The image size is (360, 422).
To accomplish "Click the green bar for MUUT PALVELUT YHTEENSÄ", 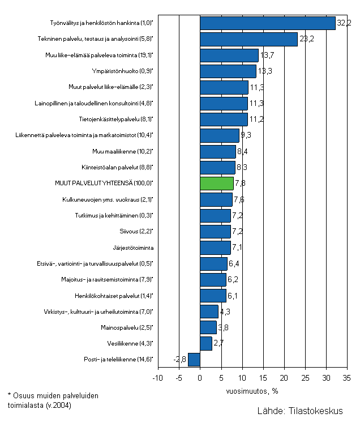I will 217,184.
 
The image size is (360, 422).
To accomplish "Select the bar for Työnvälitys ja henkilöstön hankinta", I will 267,23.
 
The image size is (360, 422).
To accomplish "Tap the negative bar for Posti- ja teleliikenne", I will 194,359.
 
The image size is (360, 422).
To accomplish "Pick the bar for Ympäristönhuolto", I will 228,71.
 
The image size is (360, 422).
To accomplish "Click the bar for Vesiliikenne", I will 205,343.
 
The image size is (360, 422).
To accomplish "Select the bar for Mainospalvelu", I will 208,327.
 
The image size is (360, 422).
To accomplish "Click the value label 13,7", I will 268,56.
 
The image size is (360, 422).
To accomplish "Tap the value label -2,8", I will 180,360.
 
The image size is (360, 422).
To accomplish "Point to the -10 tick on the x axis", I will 158,378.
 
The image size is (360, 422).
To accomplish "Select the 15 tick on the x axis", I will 263,378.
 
